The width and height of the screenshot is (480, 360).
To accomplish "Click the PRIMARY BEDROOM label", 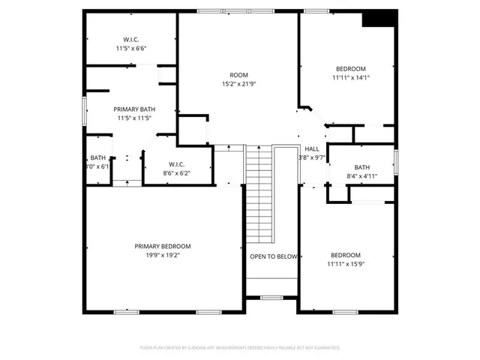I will pos(163,246).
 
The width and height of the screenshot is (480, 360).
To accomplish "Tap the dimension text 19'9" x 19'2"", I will pos(163,255).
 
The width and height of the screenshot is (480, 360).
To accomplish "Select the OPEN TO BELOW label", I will pos(274,256).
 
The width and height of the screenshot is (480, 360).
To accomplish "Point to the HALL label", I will pos(312,149).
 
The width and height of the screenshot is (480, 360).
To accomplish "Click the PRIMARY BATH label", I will pos(134,109).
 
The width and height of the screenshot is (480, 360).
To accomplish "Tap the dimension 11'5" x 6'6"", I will pos(131,48).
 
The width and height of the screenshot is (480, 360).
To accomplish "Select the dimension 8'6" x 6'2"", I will pos(177,173).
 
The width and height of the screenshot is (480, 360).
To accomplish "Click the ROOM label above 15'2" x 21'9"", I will pos(238,75).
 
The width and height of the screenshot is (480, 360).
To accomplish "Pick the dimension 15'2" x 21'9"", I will pos(238,84).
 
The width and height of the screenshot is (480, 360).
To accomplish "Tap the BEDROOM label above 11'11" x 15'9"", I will pos(346,255).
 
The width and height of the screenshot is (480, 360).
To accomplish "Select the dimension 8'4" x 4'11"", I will pos(362,176).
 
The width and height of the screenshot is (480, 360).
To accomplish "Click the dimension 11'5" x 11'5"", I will pos(134,118).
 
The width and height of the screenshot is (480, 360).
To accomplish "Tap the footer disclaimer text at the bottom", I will pos(240,348).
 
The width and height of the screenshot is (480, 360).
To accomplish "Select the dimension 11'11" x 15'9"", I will pos(346,264).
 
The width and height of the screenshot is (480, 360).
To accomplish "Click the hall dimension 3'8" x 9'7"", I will pos(312,158).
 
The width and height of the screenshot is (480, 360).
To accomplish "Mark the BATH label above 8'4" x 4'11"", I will pos(362,167).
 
